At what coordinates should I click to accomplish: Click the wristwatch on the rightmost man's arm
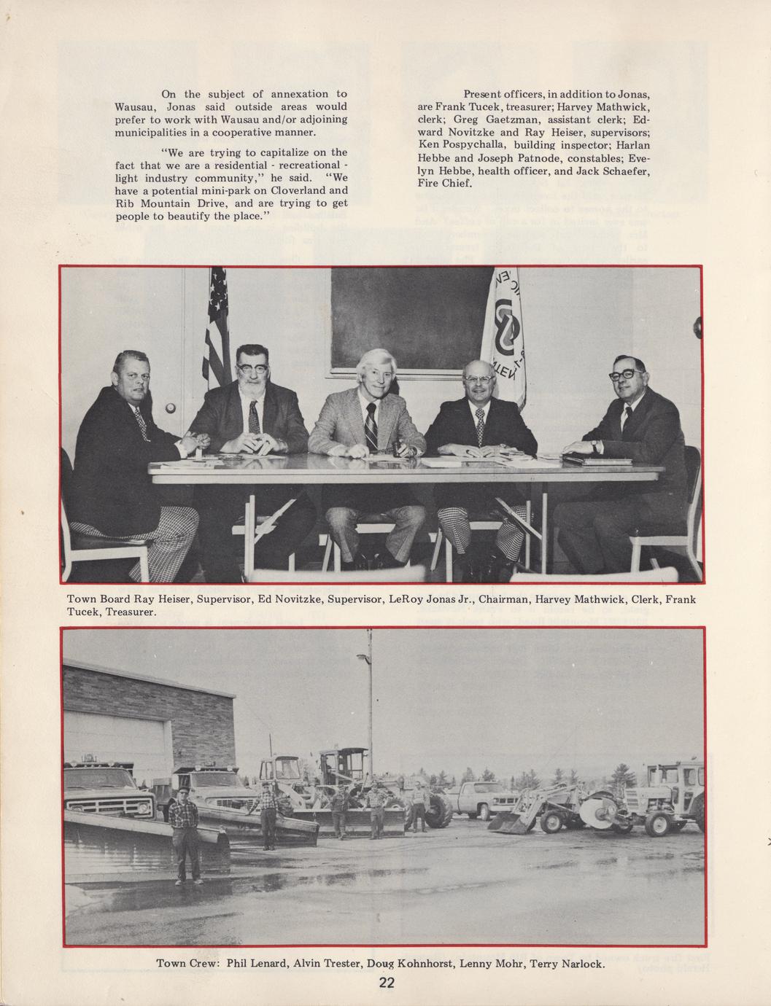[x=594, y=444]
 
